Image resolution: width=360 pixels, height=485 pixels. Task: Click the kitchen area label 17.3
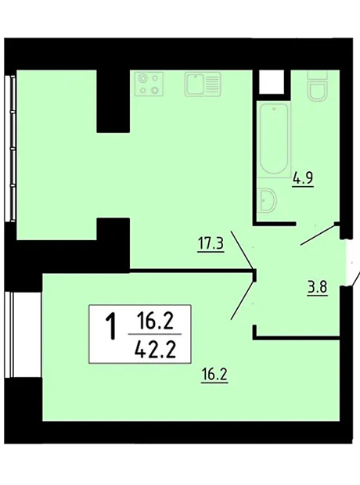[x=211, y=244]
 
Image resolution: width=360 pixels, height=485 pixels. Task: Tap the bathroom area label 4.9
[x=304, y=178]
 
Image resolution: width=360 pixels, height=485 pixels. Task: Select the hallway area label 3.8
[x=317, y=288]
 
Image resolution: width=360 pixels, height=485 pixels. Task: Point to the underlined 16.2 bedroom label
[x=214, y=375]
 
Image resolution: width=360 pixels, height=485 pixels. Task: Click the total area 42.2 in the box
[x=156, y=350]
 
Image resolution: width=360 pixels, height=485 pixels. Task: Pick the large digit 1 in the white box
[x=111, y=325]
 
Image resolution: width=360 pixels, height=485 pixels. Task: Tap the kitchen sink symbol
[x=203, y=84]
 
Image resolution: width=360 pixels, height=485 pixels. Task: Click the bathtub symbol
[x=274, y=139]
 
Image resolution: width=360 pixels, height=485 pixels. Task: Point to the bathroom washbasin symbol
[x=267, y=200]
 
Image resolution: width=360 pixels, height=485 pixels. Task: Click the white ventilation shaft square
[x=272, y=82]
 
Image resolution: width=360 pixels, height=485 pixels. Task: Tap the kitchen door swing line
[x=242, y=250]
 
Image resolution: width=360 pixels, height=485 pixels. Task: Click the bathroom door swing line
[x=319, y=235]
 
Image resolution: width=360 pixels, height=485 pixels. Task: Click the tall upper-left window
[x=11, y=148]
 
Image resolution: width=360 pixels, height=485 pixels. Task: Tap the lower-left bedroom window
[x=23, y=335]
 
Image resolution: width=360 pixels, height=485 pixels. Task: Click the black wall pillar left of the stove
[x=113, y=101]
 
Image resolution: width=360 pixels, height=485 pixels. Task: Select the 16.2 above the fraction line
[x=155, y=322]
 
